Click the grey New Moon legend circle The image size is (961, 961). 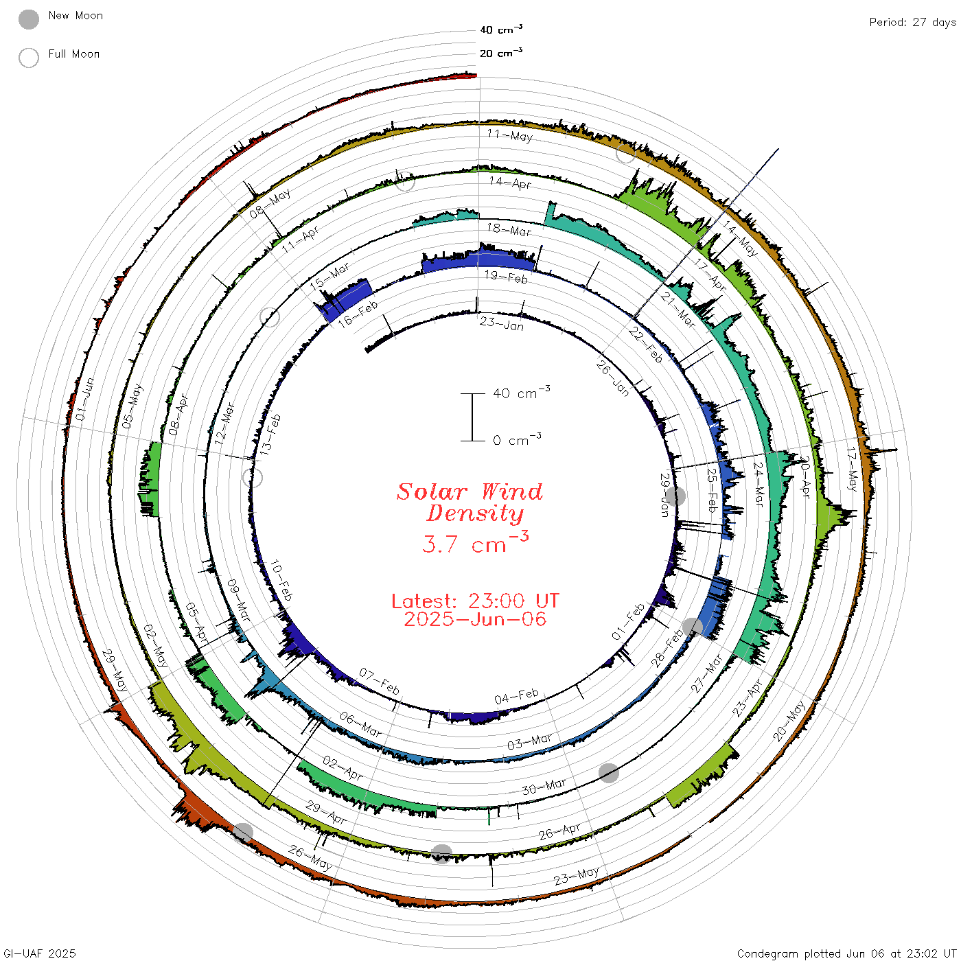coord(28,19)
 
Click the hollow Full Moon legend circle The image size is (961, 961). coord(28,58)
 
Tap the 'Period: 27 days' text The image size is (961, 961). coord(912,23)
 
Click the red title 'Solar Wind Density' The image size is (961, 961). coord(470,502)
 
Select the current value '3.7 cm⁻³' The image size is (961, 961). coord(475,542)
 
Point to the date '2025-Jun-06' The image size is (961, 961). coord(475,619)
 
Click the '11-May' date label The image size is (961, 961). coord(510,135)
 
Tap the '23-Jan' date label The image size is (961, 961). coord(502,324)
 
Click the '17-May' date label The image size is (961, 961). coord(853,470)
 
